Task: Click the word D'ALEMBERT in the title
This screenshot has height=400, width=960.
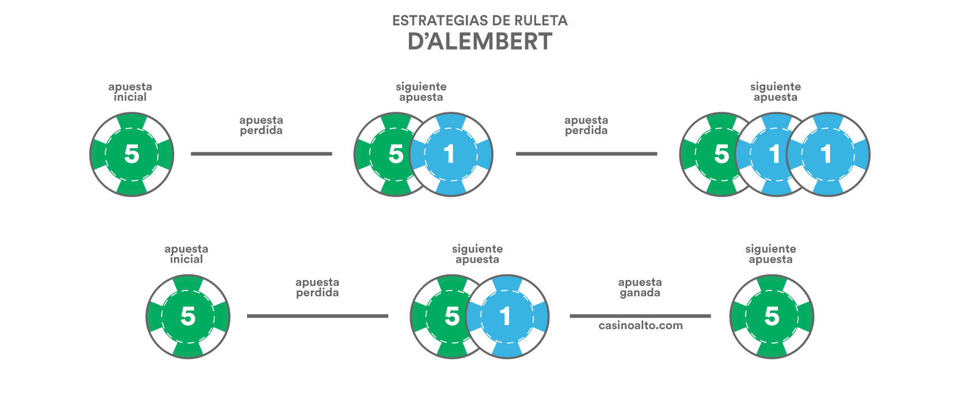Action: pyautogui.click(x=480, y=42)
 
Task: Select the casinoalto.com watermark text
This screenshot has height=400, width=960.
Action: pyautogui.click(x=640, y=326)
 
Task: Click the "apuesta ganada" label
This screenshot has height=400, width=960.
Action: pyautogui.click(x=640, y=288)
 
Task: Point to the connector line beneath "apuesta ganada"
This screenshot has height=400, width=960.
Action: pyautogui.click(x=640, y=316)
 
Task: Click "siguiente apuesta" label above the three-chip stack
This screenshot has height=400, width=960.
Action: pyautogui.click(x=775, y=92)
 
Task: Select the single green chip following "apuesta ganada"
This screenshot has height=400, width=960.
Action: pyautogui.click(x=772, y=316)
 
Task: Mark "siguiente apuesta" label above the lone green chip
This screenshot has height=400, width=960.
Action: pyautogui.click(x=771, y=254)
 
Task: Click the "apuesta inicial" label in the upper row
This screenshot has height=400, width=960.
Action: pyautogui.click(x=130, y=92)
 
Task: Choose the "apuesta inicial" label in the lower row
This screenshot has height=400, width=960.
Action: pyautogui.click(x=186, y=254)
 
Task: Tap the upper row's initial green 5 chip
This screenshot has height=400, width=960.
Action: pyautogui.click(x=132, y=154)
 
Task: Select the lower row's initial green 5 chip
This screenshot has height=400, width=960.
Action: pyautogui.click(x=188, y=316)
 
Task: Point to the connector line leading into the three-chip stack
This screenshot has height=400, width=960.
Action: pyautogui.click(x=586, y=153)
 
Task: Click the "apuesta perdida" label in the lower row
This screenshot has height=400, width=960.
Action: pyautogui.click(x=317, y=288)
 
